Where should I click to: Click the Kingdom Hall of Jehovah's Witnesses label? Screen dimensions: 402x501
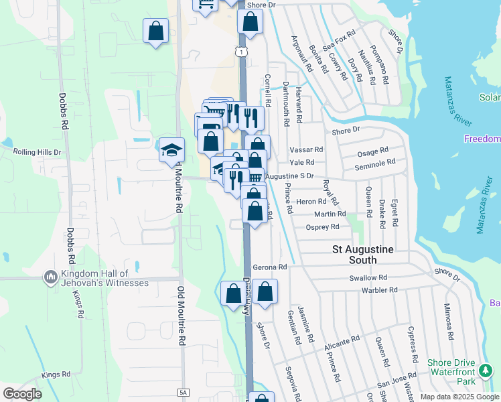click(104, 278)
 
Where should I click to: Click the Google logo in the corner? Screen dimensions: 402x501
click(22, 393)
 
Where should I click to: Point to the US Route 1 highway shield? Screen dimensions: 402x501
click(240, 52)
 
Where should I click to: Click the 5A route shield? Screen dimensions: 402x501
click(183, 392)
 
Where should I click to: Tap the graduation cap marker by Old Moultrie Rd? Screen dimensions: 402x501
click(171, 150)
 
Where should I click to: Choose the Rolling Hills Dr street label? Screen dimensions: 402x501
click(38, 152)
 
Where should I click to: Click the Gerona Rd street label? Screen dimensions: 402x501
click(270, 267)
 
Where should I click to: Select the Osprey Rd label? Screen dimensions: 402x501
click(323, 227)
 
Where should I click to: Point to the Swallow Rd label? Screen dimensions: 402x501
click(368, 277)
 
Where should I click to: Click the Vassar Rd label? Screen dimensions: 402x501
click(306, 150)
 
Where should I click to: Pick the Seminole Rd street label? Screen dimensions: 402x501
click(374, 161)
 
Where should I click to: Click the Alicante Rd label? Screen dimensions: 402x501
click(342, 343)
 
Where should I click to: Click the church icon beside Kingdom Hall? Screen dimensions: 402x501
click(50, 276)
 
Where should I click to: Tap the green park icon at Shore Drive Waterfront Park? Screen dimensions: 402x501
click(486, 370)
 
